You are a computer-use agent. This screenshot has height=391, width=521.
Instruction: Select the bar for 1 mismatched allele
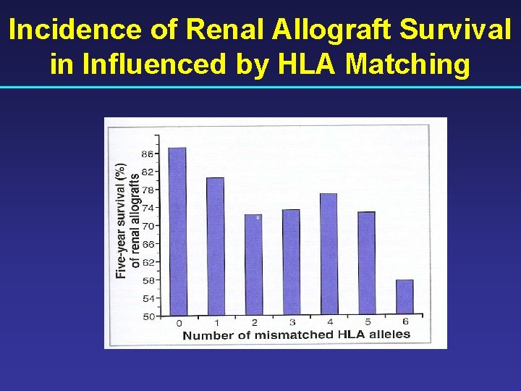tap(215, 245)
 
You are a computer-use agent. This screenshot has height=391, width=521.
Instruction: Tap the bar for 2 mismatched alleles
tap(253, 264)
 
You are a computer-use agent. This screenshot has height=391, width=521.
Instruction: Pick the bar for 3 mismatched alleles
tap(290, 261)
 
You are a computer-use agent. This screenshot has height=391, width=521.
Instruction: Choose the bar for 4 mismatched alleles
tap(328, 253)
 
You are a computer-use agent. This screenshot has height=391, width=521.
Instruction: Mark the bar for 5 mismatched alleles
tap(366, 262)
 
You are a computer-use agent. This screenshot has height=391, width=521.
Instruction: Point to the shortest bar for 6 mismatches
tap(404, 296)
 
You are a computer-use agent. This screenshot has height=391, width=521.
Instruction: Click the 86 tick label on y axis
tap(148, 154)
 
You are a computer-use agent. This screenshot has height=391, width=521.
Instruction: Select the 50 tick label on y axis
tap(148, 316)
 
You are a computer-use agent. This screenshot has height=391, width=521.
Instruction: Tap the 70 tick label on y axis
tap(148, 226)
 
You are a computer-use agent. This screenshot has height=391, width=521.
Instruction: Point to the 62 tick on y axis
tap(148, 262)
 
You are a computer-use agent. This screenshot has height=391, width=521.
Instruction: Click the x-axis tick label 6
tap(405, 321)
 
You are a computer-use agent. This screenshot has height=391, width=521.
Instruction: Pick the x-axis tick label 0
tap(179, 323)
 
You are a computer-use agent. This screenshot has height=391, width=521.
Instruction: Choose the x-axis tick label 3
tap(292, 322)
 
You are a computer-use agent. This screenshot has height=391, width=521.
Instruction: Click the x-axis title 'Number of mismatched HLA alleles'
tap(296, 335)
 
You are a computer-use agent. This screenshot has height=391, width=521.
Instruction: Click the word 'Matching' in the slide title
tap(408, 64)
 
